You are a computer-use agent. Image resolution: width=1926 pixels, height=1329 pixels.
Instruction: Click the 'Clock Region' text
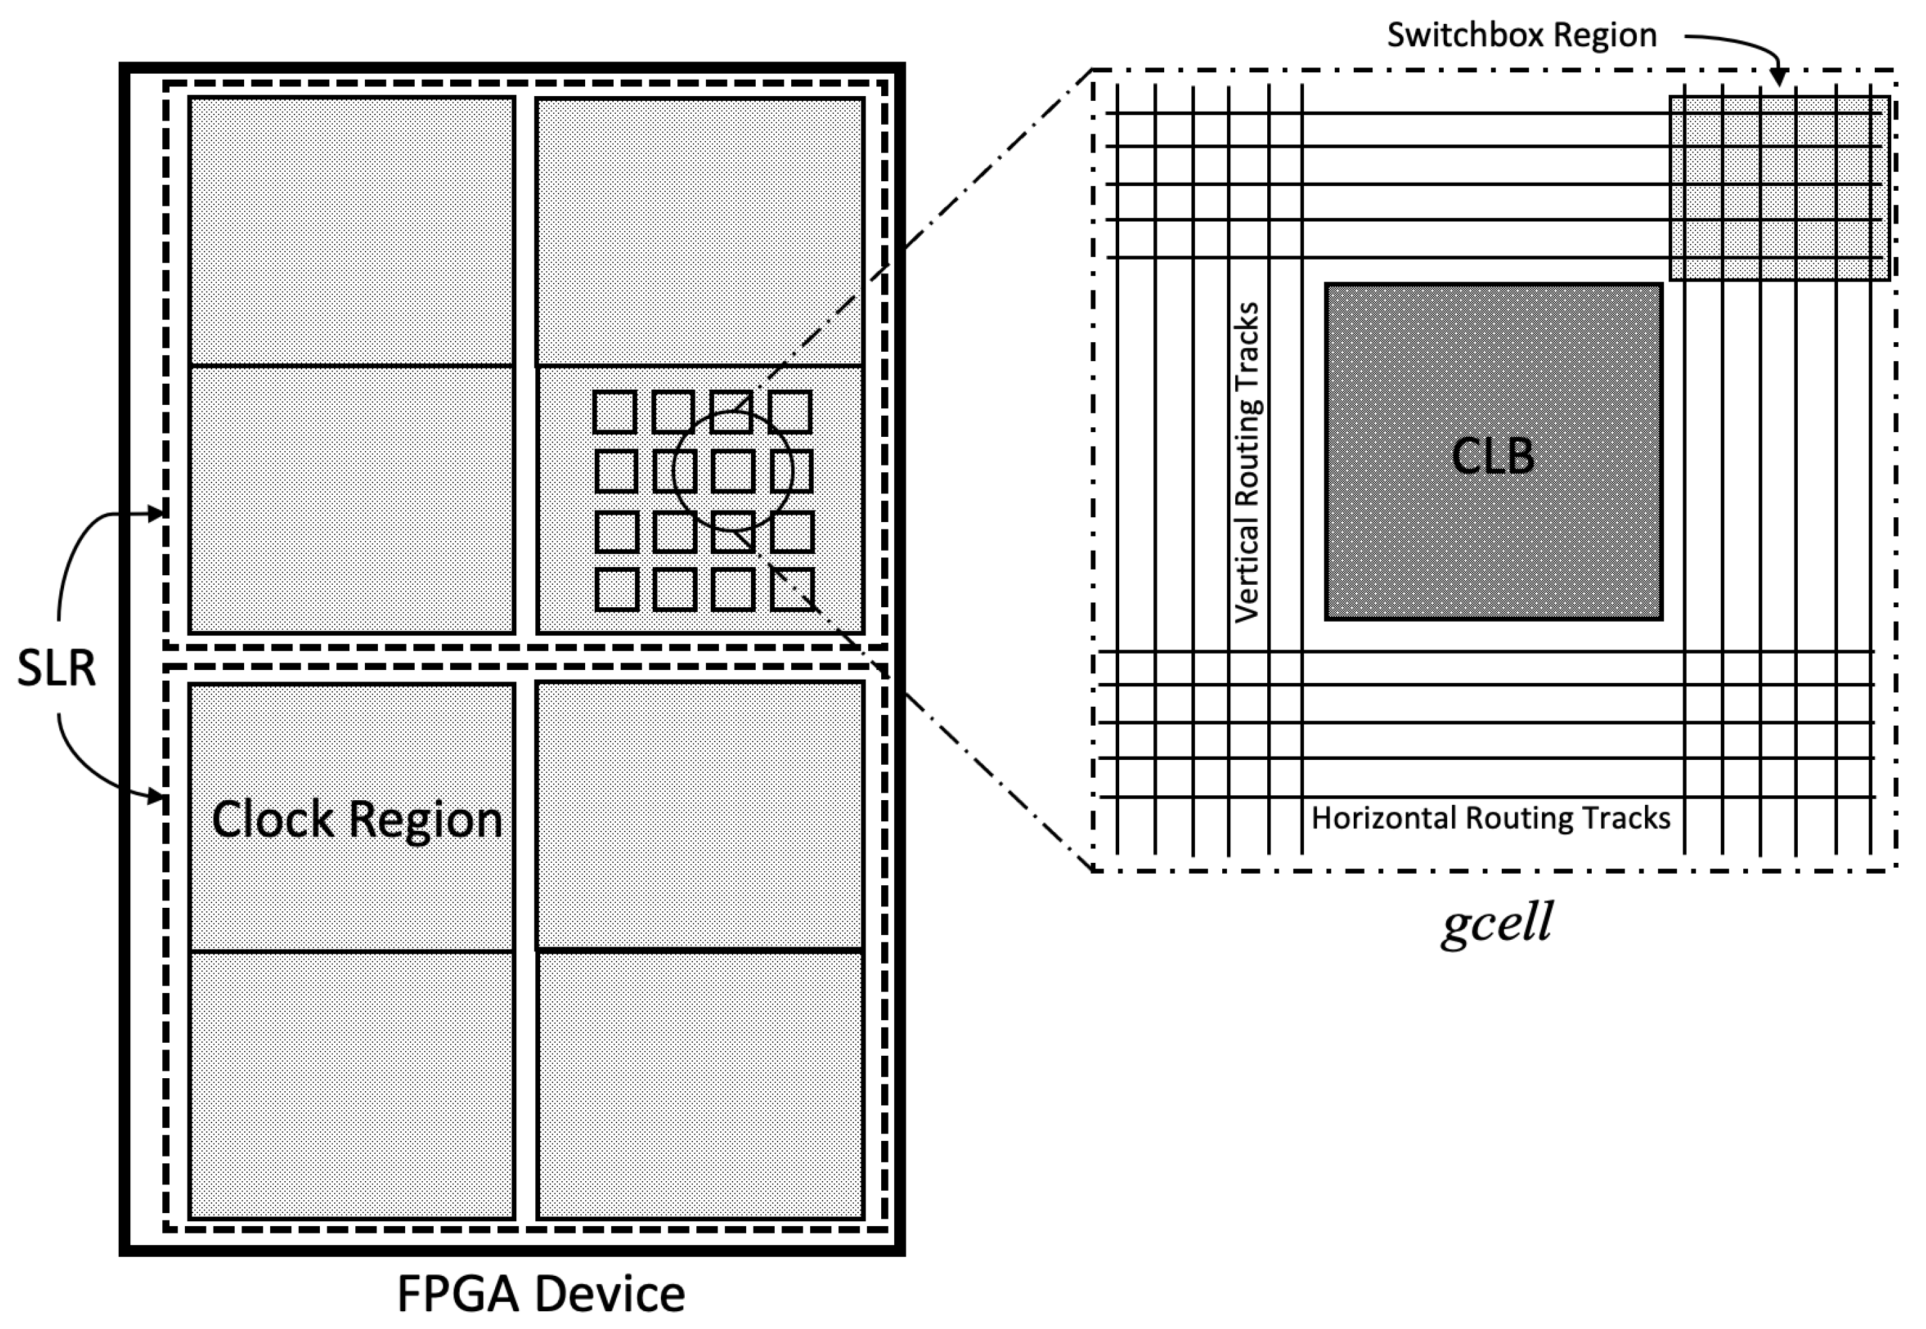tap(357, 819)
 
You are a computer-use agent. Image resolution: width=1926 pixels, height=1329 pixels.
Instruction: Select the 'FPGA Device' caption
tap(541, 1293)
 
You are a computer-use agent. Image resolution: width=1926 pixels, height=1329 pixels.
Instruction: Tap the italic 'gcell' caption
tap(1497, 922)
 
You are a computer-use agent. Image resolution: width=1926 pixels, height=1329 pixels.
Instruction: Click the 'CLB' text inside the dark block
tap(1492, 457)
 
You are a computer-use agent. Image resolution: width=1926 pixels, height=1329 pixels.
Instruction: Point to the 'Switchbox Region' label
tap(1521, 35)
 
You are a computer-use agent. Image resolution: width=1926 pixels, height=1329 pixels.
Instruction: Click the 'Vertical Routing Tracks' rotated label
tap(1247, 462)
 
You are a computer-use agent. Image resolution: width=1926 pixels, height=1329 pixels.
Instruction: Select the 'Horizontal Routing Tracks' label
tap(1490, 818)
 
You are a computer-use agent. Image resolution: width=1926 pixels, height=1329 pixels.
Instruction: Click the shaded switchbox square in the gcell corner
tap(1779, 188)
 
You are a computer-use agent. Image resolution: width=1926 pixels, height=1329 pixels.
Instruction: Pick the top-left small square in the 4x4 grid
tap(614, 412)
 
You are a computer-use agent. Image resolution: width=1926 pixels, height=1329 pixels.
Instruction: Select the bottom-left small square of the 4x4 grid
tap(617, 589)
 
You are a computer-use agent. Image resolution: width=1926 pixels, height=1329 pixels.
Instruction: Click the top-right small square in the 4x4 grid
tap(790, 412)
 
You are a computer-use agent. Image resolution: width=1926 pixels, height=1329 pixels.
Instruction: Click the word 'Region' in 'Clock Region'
tap(426, 819)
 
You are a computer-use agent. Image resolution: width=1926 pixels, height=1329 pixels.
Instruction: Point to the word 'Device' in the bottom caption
tap(610, 1293)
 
